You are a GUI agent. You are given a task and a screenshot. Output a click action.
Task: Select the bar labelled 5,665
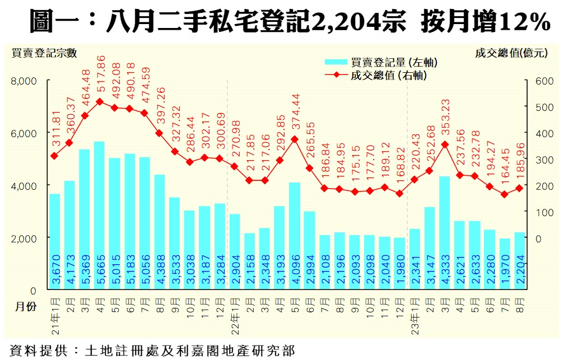99,216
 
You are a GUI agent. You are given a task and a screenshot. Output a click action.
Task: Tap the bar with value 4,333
445,233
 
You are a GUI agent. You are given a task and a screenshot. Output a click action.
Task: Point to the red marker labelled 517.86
99,102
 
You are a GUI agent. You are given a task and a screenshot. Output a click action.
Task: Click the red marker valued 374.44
294,139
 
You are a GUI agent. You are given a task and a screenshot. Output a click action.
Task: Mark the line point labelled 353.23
445,144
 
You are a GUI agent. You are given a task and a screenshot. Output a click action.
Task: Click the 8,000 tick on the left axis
24,81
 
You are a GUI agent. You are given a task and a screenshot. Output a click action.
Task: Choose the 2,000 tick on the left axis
24,239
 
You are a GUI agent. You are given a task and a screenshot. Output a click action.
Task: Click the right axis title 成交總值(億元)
510,54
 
